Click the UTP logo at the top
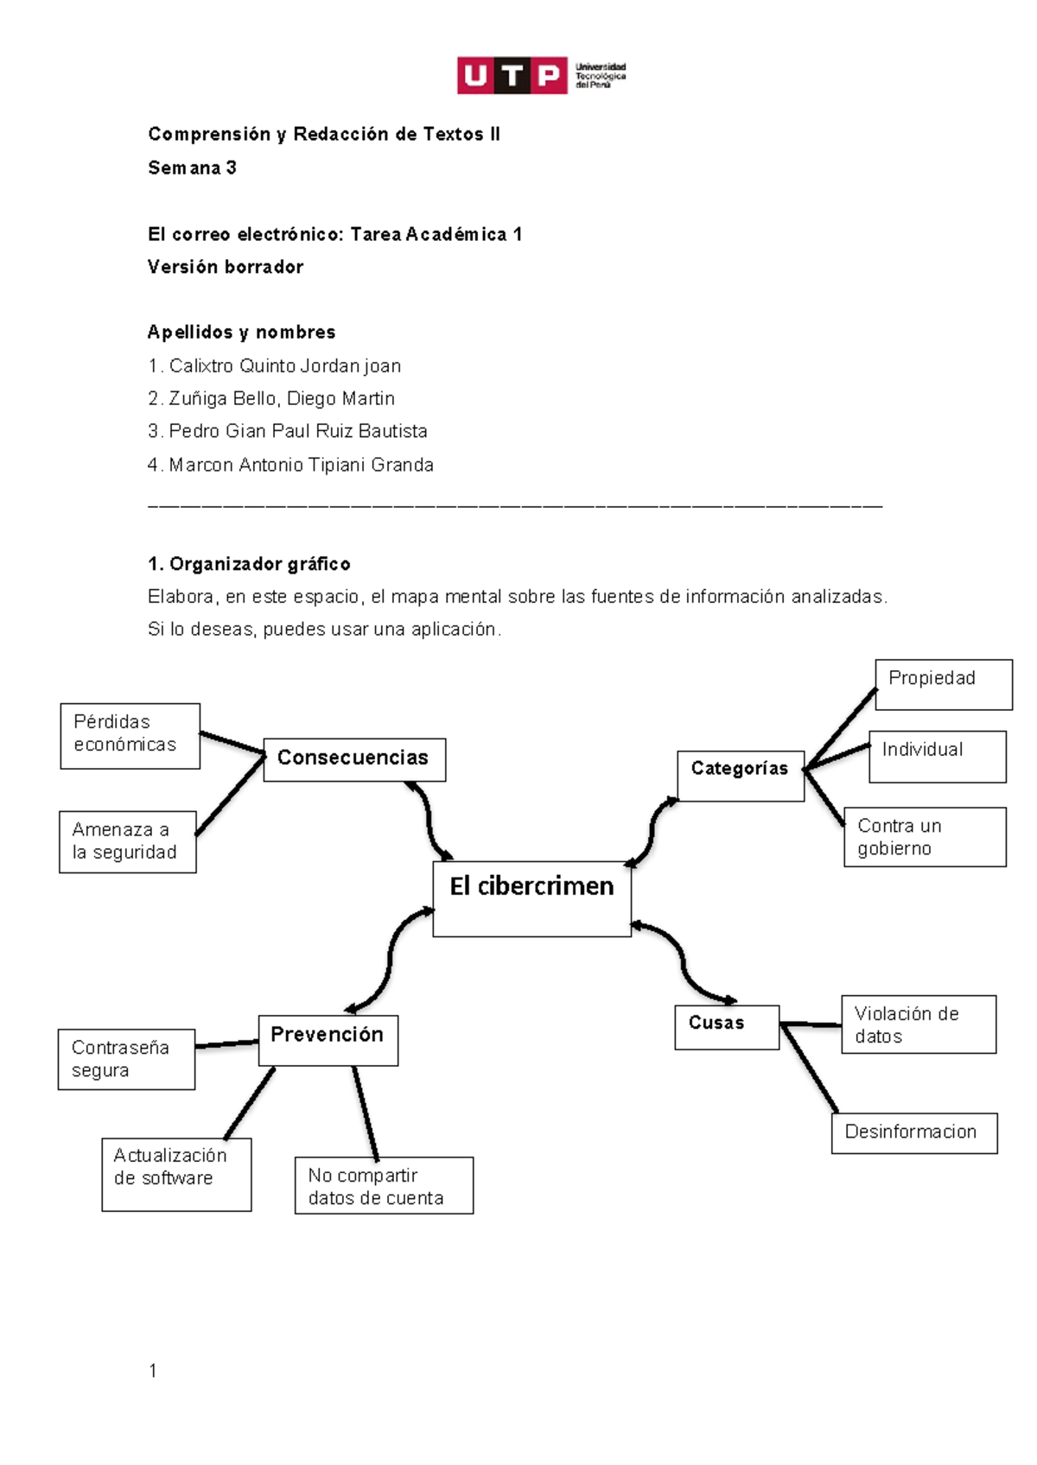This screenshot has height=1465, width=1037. (541, 76)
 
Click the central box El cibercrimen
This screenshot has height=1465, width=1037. (531, 898)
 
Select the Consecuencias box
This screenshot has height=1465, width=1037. (354, 759)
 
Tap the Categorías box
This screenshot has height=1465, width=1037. (741, 775)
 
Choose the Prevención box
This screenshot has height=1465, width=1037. (328, 1040)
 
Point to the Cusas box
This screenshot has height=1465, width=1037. (726, 1027)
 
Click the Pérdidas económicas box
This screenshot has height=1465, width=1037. (130, 735)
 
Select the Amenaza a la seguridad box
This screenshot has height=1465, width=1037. (127, 841)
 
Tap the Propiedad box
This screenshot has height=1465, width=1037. (943, 684)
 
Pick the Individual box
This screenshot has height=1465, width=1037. (937, 756)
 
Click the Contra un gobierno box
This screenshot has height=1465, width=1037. (924, 836)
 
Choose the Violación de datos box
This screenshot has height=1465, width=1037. (918, 1024)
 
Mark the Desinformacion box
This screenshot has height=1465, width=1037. (913, 1132)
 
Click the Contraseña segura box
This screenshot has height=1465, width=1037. (126, 1058)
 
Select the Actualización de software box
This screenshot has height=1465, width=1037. (175, 1173)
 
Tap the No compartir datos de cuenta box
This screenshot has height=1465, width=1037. (383, 1185)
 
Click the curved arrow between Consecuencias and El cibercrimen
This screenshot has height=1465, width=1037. (429, 821)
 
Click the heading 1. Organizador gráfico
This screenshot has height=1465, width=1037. (249, 564)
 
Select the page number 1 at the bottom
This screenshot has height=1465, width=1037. (153, 1370)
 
